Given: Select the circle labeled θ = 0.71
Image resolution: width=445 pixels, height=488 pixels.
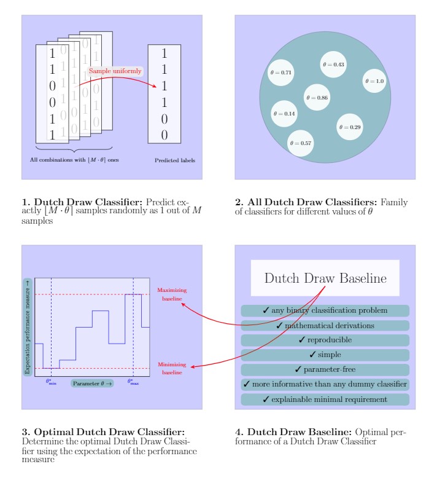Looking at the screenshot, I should [x=282, y=73].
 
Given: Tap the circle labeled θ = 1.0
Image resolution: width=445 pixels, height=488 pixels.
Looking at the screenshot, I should [x=374, y=81].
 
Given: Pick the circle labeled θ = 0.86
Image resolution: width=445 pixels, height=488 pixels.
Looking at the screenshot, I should [x=317, y=98].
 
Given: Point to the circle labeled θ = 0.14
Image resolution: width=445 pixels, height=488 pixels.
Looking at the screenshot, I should [x=284, y=114].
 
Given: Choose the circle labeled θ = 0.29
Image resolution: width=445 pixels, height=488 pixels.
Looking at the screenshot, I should [x=350, y=127].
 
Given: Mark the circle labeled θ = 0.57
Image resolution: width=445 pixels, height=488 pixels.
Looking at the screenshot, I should [x=301, y=143].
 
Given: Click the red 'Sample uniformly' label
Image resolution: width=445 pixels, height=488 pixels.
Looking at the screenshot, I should [x=115, y=71].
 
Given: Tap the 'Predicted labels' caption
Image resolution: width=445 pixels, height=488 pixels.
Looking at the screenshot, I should [x=175, y=161].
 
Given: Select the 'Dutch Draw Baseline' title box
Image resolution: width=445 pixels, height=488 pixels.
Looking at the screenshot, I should [x=325, y=278].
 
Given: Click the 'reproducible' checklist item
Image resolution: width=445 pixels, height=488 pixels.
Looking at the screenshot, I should [x=325, y=340].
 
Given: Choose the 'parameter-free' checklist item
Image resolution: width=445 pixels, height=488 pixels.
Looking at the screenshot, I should [x=325, y=369].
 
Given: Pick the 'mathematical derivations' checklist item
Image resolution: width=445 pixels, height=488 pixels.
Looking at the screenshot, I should [x=325, y=325].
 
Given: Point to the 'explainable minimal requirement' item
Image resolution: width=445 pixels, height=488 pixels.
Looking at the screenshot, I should [x=325, y=399].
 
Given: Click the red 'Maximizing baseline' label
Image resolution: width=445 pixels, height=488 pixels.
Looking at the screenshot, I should [x=172, y=294].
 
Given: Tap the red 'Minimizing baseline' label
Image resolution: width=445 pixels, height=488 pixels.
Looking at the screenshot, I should [x=172, y=368].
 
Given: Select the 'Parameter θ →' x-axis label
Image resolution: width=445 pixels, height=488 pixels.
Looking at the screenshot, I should [x=93, y=384].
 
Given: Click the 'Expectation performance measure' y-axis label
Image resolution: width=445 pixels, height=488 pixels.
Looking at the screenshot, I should [x=27, y=326].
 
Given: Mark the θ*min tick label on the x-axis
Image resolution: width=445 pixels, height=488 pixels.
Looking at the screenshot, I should [x=51, y=382].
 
